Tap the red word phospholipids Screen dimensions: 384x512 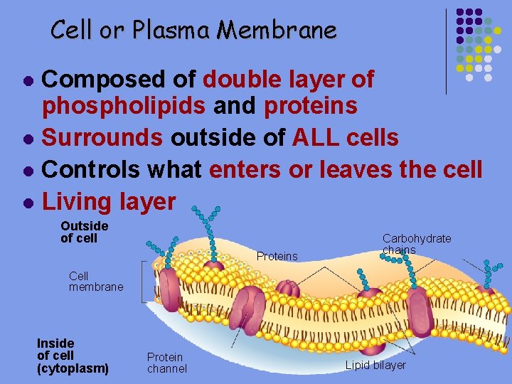tap(124, 106)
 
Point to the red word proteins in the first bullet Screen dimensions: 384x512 tap(310, 106)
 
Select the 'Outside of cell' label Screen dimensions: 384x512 tap(84, 232)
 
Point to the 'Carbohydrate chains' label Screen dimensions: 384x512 tap(416, 244)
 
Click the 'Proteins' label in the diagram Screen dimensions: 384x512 tap(277, 256)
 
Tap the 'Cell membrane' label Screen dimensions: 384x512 tap(95, 281)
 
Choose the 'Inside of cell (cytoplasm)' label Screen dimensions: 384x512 tap(73, 356)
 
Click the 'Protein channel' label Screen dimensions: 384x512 tap(166, 363)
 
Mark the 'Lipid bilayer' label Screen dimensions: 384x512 tap(375, 366)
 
